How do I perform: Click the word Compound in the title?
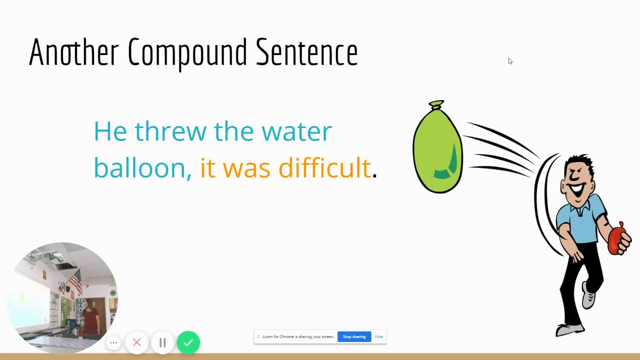point(187,52)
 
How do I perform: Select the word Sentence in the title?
point(306,52)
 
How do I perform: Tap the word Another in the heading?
point(73,52)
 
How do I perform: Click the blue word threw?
point(170,131)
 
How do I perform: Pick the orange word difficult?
point(324,167)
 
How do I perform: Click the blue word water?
point(296,131)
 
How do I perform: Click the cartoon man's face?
point(578,182)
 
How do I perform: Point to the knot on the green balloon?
point(436,104)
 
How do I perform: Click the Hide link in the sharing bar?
point(378,336)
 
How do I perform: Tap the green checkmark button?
point(188,342)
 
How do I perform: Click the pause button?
point(162,342)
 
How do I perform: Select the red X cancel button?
point(137,342)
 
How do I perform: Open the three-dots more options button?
point(113,342)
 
